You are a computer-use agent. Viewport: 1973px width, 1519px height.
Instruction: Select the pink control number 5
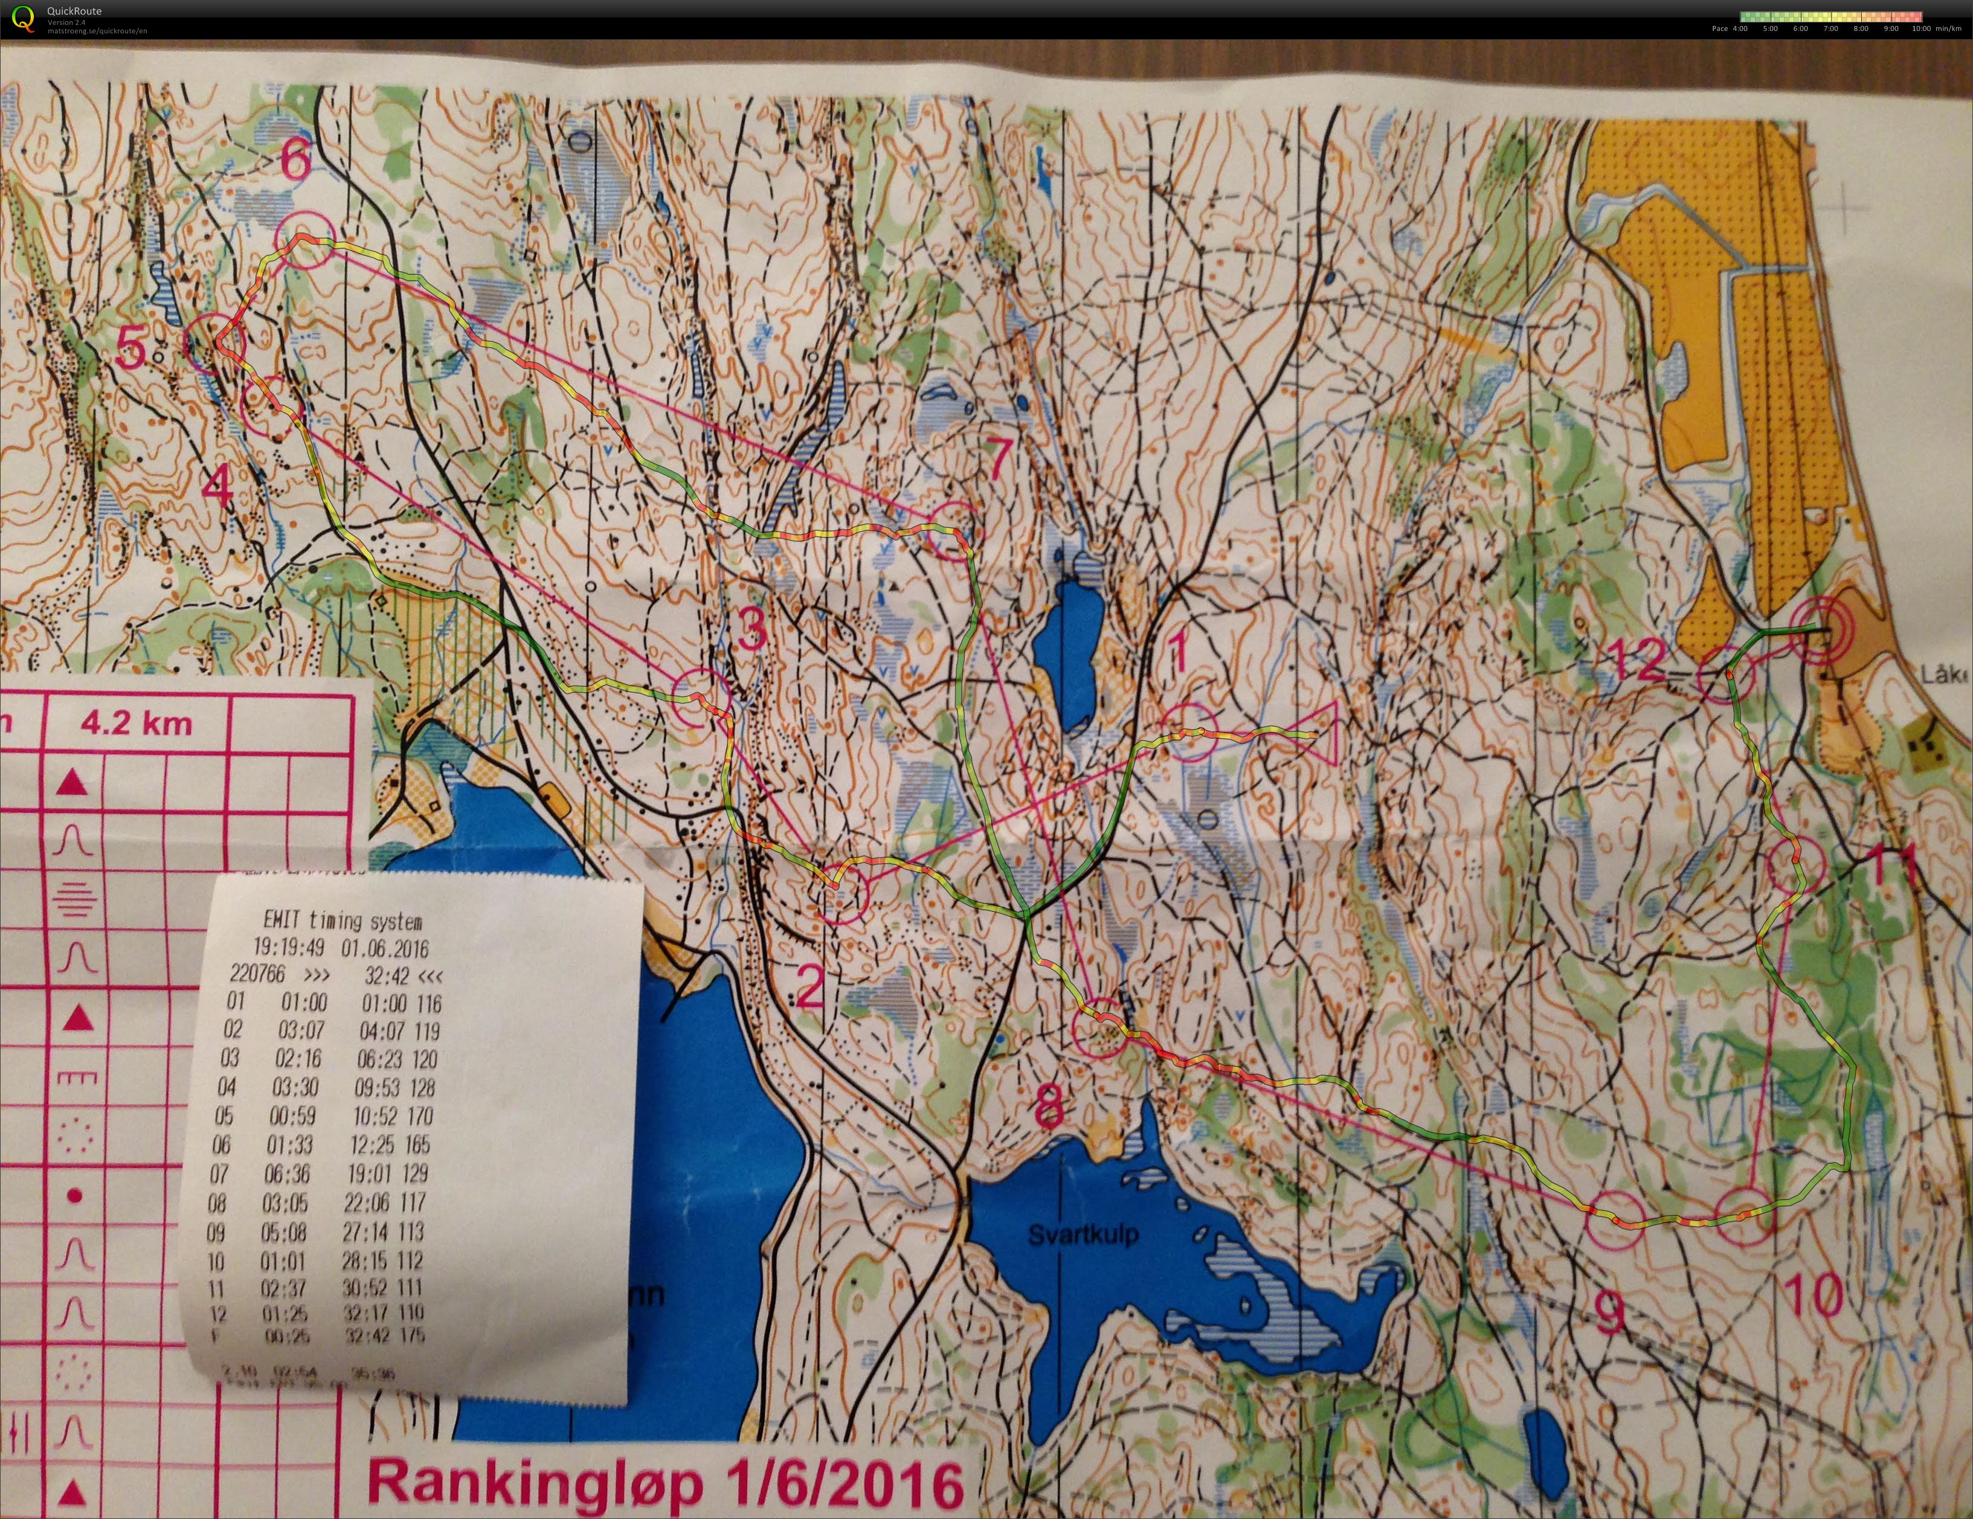(131, 348)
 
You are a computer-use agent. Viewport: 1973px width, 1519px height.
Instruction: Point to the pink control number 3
(753, 629)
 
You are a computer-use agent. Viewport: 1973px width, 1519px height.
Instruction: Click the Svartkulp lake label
(1083, 1234)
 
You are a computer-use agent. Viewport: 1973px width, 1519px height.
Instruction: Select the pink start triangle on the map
(1320, 733)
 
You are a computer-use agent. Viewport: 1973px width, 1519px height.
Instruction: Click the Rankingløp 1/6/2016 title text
(665, 1483)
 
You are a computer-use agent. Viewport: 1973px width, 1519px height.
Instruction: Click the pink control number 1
(1178, 652)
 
